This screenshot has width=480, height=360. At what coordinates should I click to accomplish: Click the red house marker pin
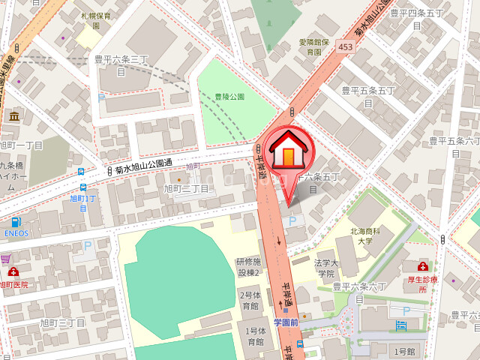pyautogui.click(x=289, y=151)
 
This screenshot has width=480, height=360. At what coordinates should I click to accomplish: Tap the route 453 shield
pyautogui.click(x=344, y=46)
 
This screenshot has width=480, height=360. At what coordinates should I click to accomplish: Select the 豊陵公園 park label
pyautogui.click(x=229, y=97)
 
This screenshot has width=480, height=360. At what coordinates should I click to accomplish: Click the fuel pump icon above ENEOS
pyautogui.click(x=15, y=222)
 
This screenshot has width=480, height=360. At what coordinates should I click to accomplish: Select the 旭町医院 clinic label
pyautogui.click(x=13, y=284)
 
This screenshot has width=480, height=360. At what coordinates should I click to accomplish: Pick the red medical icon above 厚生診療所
pyautogui.click(x=423, y=267)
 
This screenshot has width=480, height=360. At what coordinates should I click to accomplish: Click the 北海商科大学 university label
pyautogui.click(x=365, y=237)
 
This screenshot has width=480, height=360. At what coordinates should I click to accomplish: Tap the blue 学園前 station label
pyautogui.click(x=286, y=322)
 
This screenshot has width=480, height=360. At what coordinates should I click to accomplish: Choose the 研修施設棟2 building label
pyautogui.click(x=248, y=267)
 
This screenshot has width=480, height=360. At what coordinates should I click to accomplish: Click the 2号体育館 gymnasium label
pyautogui.click(x=249, y=301)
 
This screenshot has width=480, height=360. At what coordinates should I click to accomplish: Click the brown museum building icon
pyautogui.click(x=14, y=115)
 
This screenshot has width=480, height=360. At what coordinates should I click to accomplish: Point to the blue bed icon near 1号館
pyautogui.click(x=401, y=325)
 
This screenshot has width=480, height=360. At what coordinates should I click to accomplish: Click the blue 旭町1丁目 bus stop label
pyautogui.click(x=83, y=202)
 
